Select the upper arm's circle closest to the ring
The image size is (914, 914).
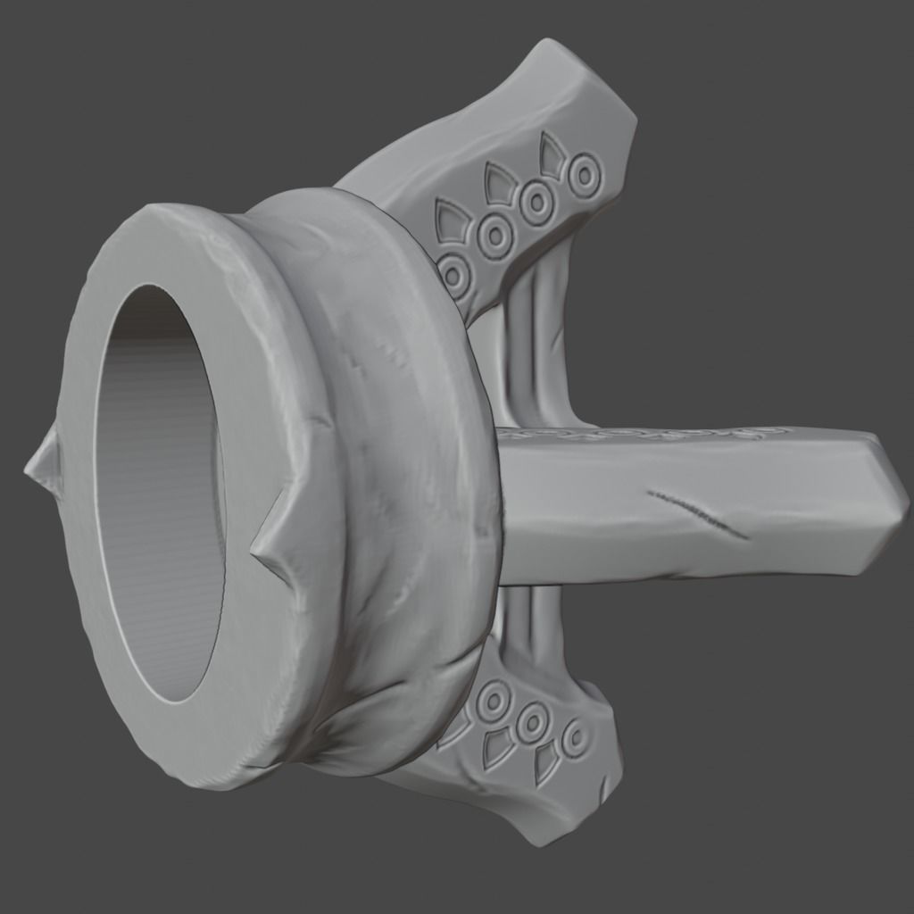pos(454,275)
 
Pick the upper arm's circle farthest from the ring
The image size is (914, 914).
pos(585,176)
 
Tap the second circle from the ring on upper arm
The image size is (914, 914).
pos(494,236)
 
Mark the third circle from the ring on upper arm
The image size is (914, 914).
pos(538,204)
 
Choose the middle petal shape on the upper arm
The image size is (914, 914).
pos(500,182)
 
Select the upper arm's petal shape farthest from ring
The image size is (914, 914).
pos(553,155)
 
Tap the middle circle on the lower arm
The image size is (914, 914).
pos(533,720)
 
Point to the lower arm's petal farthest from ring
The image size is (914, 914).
pos(545,763)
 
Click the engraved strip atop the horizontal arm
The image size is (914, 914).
pos(643,434)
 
